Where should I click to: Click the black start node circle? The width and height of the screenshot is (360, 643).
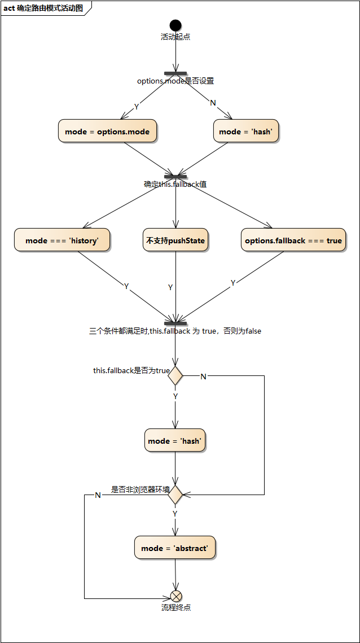point(175,25)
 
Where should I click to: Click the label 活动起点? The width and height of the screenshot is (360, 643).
point(175,37)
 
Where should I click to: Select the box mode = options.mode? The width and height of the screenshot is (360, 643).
point(107,132)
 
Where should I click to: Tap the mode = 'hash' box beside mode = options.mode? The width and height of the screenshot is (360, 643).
point(246,132)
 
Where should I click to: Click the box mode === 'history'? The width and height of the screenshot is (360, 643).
point(62,240)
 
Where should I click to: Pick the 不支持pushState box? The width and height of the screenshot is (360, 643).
point(175,240)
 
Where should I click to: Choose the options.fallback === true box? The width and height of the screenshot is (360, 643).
point(293,240)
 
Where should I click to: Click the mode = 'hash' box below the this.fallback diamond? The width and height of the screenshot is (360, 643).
point(175,441)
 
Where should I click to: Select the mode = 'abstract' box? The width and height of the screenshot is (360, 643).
point(175,548)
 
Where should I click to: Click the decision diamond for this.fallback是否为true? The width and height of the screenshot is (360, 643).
point(175,375)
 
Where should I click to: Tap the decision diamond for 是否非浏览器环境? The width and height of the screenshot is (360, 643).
point(175,495)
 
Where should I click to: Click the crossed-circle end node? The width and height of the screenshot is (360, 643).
point(176,596)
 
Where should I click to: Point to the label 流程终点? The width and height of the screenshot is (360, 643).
point(176,607)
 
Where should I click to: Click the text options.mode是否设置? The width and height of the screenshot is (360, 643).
point(175,81)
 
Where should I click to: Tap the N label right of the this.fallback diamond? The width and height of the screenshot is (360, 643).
point(204,377)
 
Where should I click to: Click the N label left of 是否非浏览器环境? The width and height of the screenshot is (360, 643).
point(98,495)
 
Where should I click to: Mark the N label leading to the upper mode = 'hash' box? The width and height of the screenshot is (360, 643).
point(213,103)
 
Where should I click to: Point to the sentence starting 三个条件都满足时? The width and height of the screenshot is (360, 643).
point(175,331)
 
